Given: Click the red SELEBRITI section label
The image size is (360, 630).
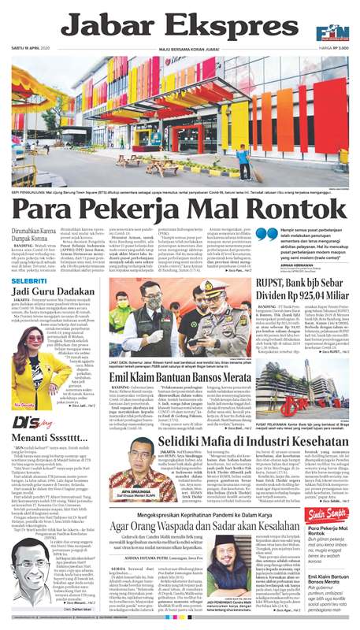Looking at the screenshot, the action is [x=28, y=279].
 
